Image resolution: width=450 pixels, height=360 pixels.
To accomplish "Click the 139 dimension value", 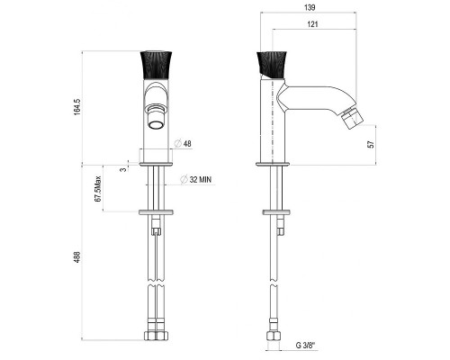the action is tap(310, 7).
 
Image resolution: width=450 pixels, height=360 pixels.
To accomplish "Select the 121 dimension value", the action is tap(312, 24).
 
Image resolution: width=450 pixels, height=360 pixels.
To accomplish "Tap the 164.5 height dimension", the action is tap(77, 107).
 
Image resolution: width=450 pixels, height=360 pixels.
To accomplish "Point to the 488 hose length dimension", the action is tap(77, 257).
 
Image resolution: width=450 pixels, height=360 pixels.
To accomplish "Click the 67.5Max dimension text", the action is tap(98, 189).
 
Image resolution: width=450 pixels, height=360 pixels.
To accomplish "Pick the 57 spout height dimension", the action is tap(372, 144).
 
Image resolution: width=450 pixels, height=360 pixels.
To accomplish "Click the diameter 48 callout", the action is tap(184, 144).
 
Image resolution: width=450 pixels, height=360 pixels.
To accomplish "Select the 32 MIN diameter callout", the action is tap(196, 179).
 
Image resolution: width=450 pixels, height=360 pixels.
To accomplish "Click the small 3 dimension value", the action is tap(123, 170).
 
